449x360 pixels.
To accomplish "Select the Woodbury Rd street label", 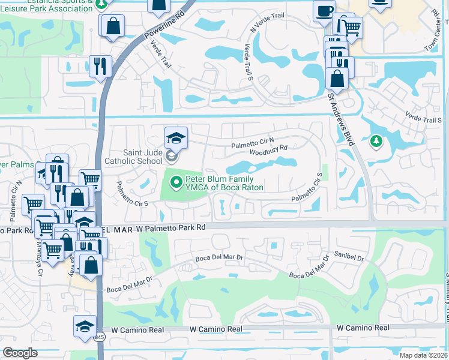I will point(277,148).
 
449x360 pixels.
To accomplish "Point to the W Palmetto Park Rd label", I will point(170,228).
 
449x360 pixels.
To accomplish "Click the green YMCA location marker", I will point(176,181).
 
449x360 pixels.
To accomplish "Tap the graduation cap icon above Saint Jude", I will point(176,137).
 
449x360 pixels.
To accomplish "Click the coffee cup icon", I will point(324,10).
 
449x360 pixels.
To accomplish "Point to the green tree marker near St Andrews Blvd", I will point(376,142).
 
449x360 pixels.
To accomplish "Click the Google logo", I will point(20,353).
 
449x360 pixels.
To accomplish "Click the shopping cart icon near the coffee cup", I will point(351,26).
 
